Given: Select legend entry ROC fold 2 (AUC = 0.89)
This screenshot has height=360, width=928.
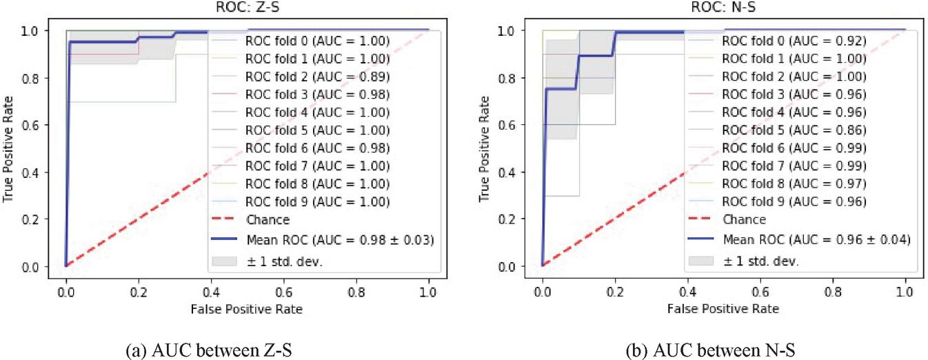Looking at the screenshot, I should click(x=318, y=77).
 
